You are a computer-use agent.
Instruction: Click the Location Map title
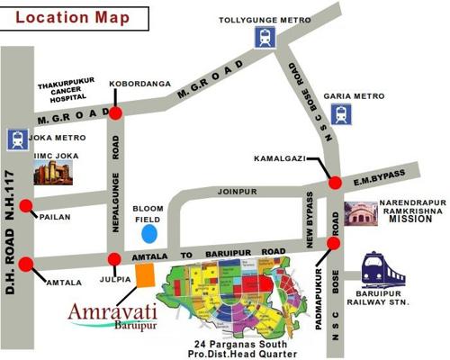point(70,16)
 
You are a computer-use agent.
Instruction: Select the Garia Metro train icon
point(340,113)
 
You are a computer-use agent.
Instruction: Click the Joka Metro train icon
point(16,139)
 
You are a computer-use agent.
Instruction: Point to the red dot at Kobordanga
point(116,112)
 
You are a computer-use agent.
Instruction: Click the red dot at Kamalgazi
point(336,183)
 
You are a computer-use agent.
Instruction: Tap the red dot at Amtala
point(26,265)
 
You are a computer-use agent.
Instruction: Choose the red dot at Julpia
point(113,260)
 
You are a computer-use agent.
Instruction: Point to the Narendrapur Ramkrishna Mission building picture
point(360,214)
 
